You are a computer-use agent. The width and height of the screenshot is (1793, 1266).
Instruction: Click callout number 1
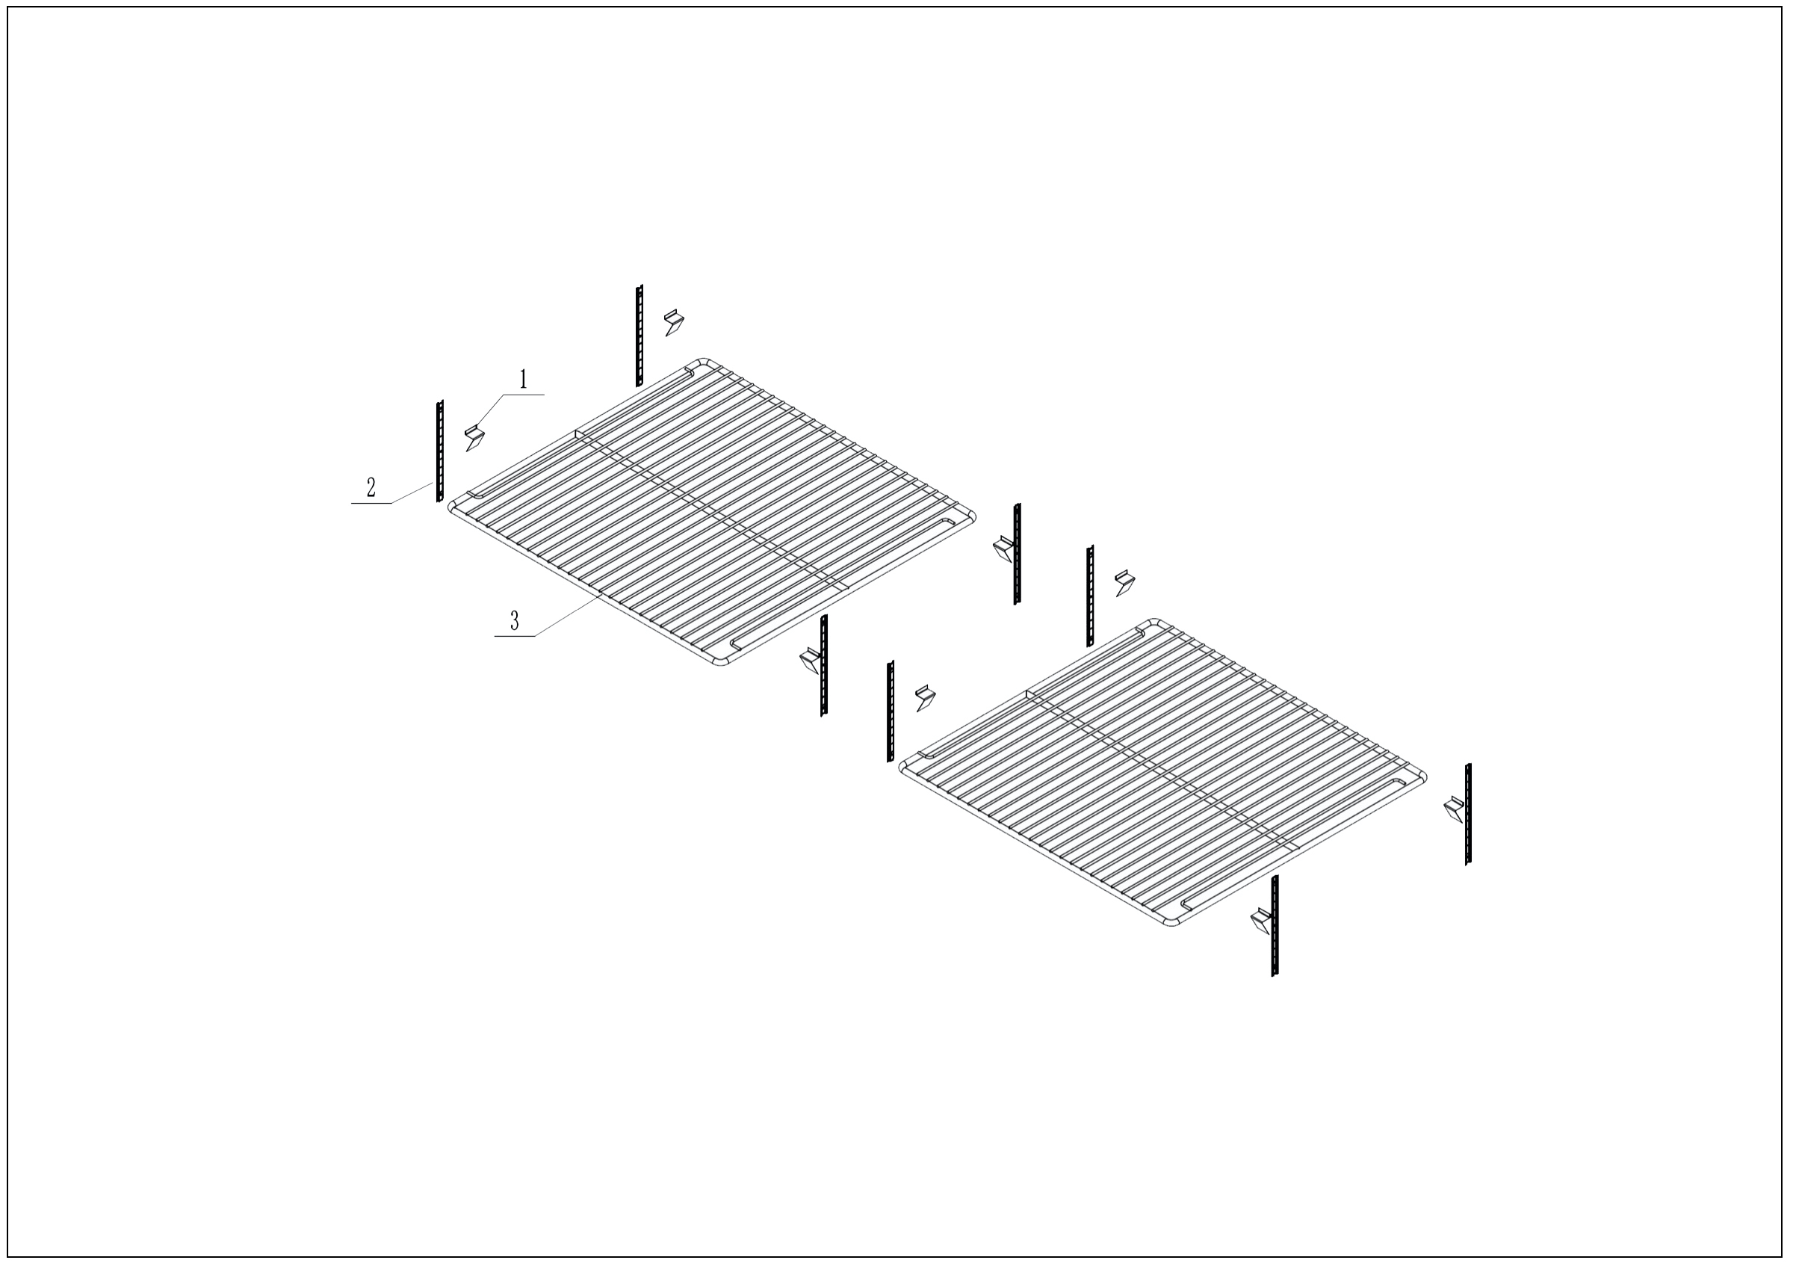point(523,380)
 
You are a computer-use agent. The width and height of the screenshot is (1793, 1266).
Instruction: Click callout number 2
point(371,488)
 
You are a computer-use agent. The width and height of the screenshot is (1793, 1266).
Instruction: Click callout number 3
point(514,621)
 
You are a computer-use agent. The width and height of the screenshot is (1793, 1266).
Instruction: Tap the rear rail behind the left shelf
point(639,335)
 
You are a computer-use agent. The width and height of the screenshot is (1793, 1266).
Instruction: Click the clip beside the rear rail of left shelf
point(673,322)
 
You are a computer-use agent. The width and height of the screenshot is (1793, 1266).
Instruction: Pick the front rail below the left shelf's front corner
point(823,665)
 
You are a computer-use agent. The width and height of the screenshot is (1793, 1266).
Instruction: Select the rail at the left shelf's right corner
point(1017,554)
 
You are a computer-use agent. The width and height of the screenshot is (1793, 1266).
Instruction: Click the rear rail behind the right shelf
point(1089,596)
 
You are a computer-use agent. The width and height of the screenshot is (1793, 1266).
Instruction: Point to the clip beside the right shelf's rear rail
point(1124,584)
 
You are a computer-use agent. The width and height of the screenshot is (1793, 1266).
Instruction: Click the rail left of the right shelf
point(890,711)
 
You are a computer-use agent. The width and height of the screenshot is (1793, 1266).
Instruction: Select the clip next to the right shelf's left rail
point(926,697)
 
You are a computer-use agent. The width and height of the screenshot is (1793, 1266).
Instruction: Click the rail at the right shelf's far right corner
point(1468,814)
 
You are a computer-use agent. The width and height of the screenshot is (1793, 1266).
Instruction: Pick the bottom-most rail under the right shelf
point(1275,925)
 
